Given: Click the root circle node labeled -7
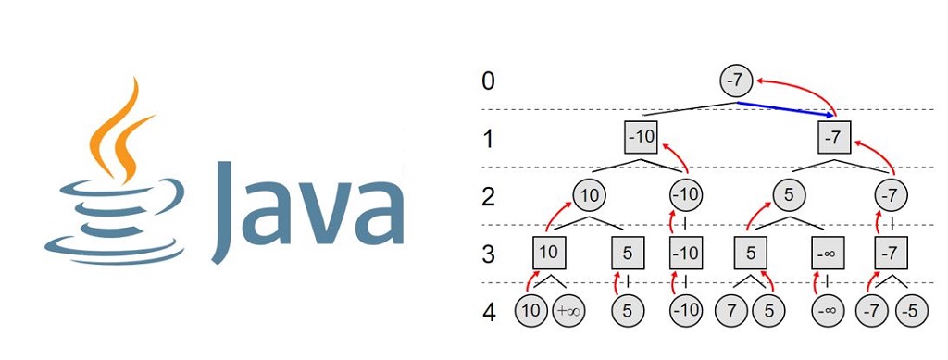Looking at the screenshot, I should (734, 81).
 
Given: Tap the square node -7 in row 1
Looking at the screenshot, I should (834, 138).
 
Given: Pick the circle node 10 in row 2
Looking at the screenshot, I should (589, 195).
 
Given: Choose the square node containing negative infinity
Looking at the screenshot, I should (828, 253).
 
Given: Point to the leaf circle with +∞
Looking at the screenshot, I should (569, 311).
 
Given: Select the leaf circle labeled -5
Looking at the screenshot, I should (911, 311).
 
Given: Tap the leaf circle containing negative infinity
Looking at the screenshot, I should (826, 311).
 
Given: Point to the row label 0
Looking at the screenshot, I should (488, 81).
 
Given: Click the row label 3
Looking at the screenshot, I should (488, 253).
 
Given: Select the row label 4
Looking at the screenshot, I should (488, 311).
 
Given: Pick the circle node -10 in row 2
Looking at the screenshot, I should (687, 195).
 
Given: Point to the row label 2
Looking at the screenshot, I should (488, 195).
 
